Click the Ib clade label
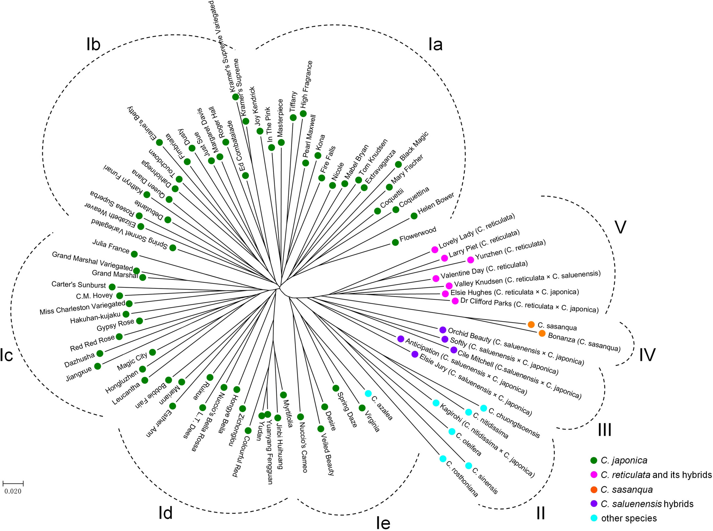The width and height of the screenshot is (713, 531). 93,44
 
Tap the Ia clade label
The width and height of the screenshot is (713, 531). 435,45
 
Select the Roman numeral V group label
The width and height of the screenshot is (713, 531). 620,227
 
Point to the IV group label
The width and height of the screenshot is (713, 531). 647,355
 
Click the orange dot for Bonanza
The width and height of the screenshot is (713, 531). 542,333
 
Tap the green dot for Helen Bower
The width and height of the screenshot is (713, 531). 414,216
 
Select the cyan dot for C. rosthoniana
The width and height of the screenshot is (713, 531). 443,459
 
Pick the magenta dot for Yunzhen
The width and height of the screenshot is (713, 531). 470,260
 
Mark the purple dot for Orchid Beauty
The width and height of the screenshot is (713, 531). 443,330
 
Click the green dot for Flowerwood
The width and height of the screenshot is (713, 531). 395,242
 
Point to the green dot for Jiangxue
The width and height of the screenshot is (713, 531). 97,366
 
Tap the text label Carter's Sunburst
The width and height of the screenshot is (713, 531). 79,285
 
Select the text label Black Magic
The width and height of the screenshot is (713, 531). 414,146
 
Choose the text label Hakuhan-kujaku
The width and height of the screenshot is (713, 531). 95,318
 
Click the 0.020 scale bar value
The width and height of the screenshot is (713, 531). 13,492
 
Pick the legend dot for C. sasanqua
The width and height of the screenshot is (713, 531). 593,490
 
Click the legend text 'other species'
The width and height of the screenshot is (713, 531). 629,519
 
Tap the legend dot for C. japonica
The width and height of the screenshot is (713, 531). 593,461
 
